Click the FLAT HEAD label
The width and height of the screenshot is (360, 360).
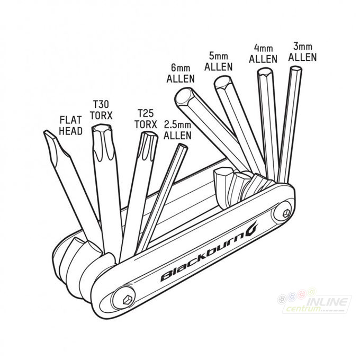[71, 125]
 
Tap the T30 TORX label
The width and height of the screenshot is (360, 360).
[101, 110]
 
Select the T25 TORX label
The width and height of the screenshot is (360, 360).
[146, 119]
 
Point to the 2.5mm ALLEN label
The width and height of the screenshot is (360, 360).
[177, 130]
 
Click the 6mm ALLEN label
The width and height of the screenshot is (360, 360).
[181, 74]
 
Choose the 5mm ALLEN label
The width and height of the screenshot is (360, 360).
[219, 61]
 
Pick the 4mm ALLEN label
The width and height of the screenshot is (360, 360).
[263, 53]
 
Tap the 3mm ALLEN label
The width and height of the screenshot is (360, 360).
[303, 52]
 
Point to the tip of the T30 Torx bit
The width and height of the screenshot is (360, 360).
[102, 127]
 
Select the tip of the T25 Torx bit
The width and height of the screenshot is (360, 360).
[149, 134]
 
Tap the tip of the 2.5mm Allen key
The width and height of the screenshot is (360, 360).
[183, 146]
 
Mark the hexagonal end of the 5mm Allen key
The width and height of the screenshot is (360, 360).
[223, 82]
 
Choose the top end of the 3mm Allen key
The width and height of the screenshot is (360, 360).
[296, 68]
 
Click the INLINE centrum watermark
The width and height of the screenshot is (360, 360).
[314, 301]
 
